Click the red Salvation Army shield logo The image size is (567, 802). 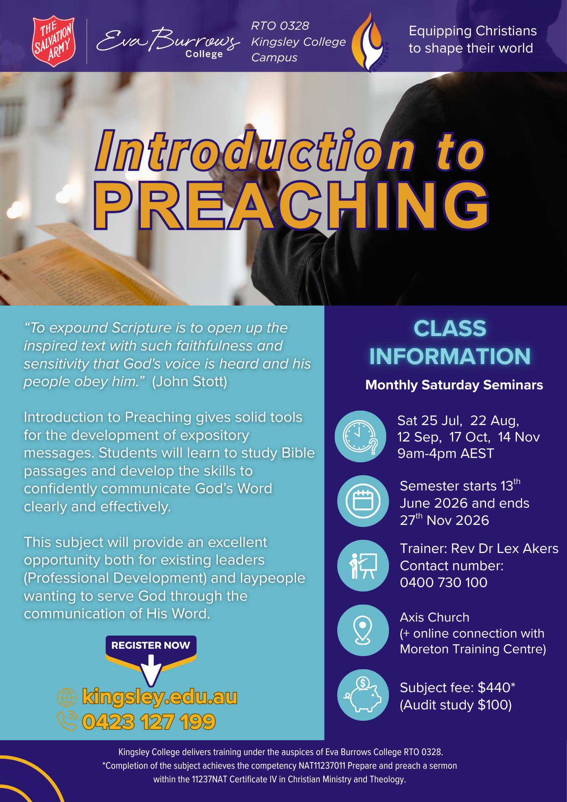[x=53, y=41]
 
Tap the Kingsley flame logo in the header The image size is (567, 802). [x=370, y=42]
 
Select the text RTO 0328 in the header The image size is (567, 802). [x=280, y=26]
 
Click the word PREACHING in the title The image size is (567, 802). [x=292, y=205]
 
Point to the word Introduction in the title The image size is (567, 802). [x=255, y=150]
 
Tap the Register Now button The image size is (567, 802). [x=151, y=645]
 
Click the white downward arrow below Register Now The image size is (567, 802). [x=151, y=670]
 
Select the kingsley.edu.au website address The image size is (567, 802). [x=160, y=697]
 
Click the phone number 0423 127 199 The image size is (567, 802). [x=149, y=722]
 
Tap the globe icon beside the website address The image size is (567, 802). [x=67, y=697]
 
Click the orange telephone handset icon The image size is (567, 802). [x=67, y=721]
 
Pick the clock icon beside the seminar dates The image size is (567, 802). [x=360, y=436]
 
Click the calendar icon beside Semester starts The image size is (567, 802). [x=363, y=501]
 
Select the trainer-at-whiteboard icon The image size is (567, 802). [x=363, y=565]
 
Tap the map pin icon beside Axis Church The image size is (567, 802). [x=363, y=630]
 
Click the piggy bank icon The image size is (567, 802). [x=363, y=695]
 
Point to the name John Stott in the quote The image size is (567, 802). [x=189, y=381]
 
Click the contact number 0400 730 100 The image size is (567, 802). [x=443, y=582]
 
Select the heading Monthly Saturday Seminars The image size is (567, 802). [x=454, y=385]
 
